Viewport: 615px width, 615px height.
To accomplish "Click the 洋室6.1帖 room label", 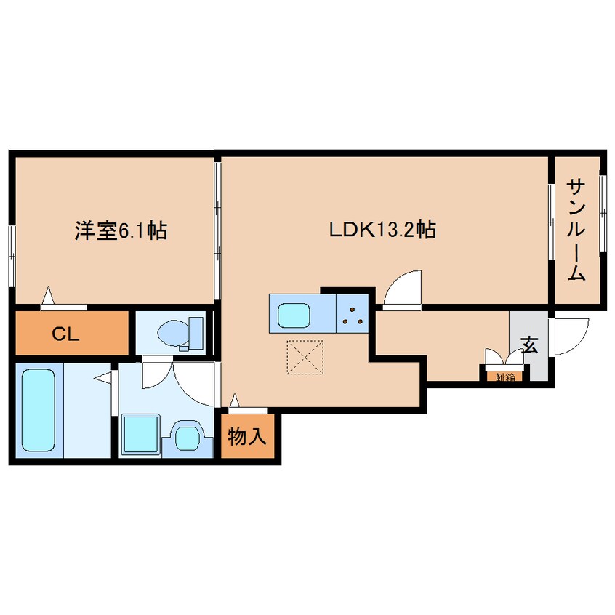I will tap(120, 231).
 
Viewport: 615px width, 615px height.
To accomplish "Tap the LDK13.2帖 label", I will tap(382, 231).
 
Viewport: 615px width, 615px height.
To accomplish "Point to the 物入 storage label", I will tap(248, 437).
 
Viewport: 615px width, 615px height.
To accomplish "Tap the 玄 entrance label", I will tap(529, 345).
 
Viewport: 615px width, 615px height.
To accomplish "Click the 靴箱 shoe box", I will tap(503, 376).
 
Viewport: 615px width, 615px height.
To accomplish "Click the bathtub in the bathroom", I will tap(37, 410).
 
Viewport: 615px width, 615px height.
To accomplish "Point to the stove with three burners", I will tap(354, 313).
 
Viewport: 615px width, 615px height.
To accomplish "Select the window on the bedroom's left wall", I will tap(11, 252).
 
